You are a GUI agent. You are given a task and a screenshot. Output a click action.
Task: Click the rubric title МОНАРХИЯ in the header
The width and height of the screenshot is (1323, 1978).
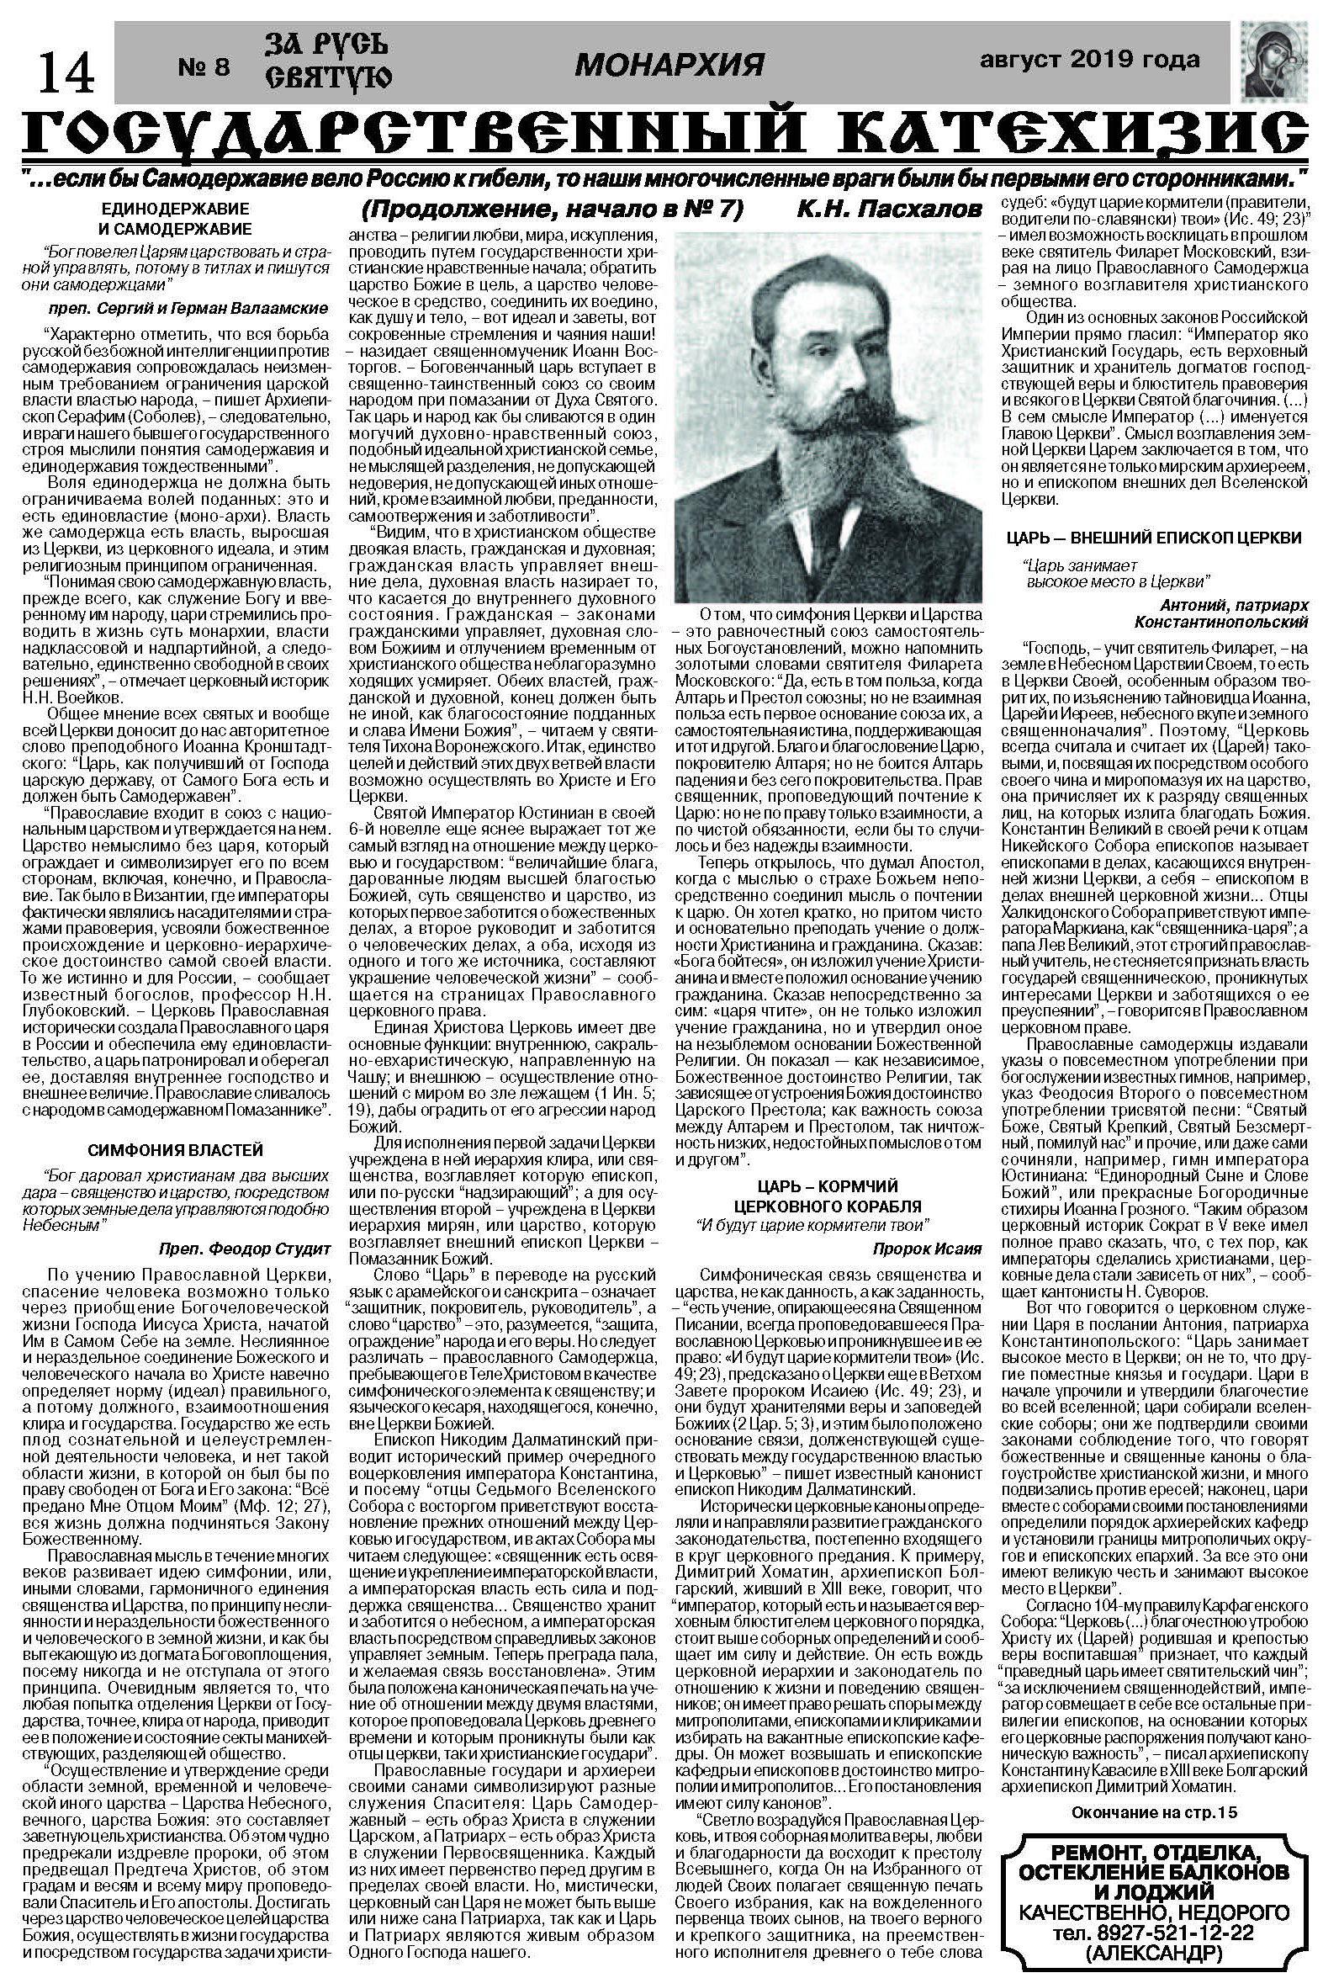669,63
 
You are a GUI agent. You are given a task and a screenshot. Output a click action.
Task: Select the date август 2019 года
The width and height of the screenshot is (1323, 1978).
1089,60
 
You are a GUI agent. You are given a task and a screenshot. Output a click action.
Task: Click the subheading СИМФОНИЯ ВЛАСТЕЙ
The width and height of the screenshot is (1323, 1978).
175,1150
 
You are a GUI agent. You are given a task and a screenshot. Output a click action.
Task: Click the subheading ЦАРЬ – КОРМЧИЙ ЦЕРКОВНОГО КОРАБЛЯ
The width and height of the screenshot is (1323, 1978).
826,1196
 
